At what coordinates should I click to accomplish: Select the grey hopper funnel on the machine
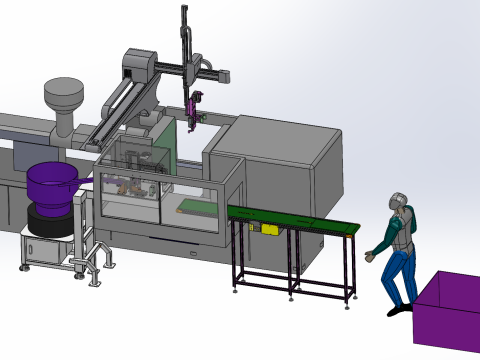point(62,100)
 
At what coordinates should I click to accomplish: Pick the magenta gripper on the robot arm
point(194,108)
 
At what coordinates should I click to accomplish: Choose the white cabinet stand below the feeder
point(45,250)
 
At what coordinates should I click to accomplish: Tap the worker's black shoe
point(397,310)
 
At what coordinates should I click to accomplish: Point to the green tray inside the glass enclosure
point(195,208)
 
